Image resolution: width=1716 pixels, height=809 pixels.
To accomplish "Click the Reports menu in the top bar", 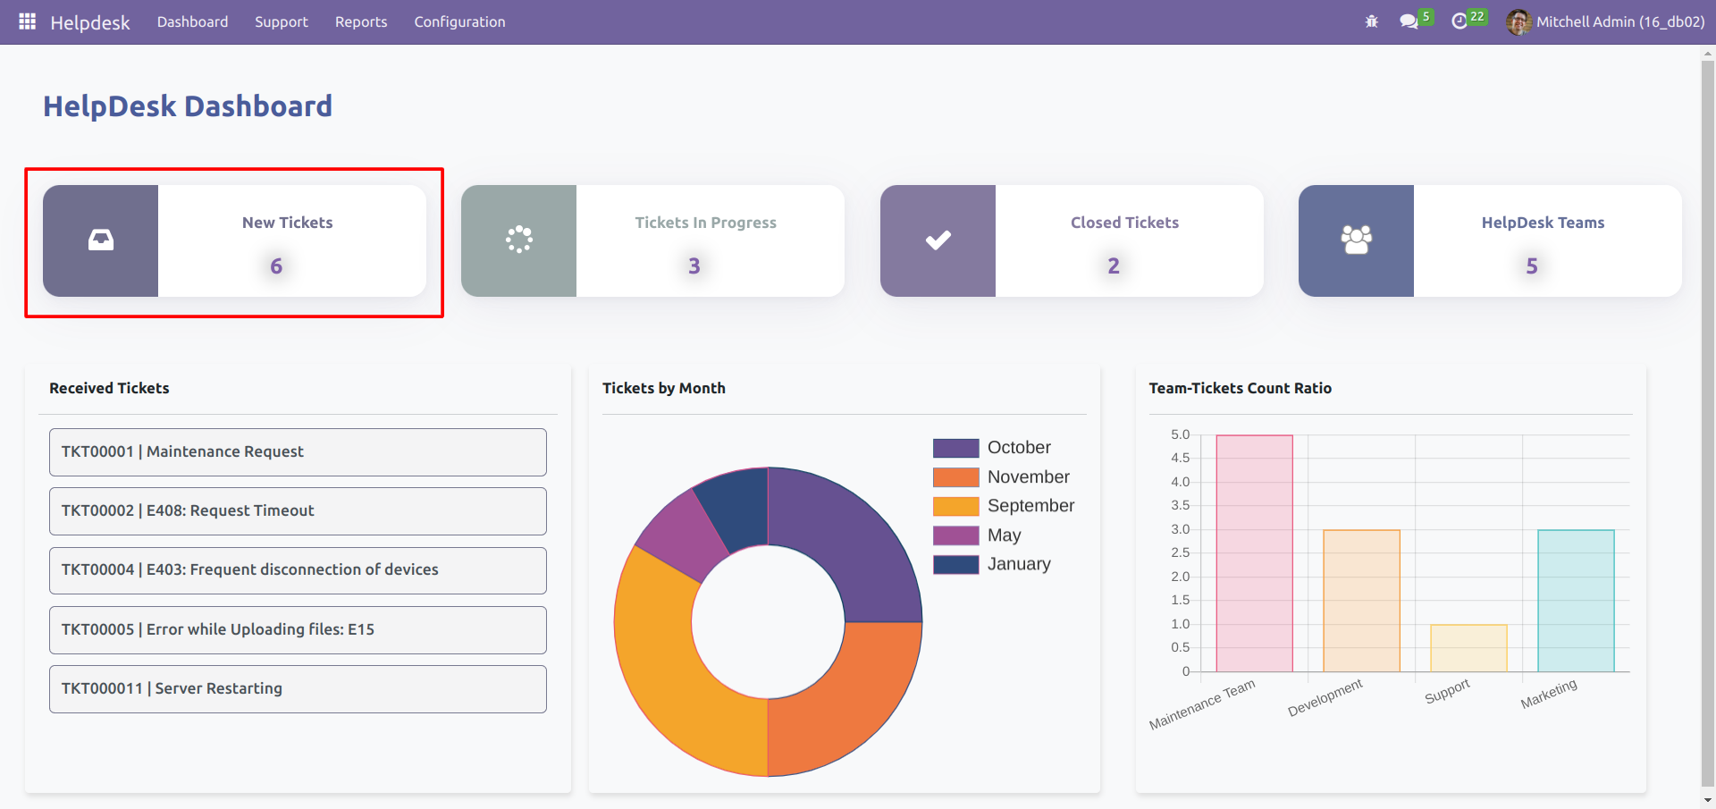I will (361, 22).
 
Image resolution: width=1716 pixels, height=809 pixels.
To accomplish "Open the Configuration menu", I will (459, 22).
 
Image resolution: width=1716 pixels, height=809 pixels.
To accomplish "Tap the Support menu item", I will (281, 22).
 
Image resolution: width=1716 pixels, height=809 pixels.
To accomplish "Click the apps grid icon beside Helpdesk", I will (28, 21).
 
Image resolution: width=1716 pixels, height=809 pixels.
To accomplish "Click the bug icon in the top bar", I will (1372, 21).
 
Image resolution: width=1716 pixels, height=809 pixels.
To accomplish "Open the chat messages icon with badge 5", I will (1409, 21).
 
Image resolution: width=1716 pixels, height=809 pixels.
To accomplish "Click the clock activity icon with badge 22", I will (1459, 21).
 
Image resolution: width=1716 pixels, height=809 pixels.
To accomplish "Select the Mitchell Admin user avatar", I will (1518, 22).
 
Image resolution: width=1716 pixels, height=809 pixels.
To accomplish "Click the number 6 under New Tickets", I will (276, 266).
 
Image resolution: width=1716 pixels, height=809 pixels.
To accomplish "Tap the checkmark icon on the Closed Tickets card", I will (938, 240).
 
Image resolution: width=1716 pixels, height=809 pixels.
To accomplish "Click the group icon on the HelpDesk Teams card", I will (1356, 240).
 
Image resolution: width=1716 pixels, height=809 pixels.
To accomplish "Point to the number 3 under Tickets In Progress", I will (694, 266).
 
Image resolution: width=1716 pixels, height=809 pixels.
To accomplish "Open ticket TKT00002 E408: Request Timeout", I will (298, 511).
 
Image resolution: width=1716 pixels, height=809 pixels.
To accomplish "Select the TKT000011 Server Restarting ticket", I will (298, 689).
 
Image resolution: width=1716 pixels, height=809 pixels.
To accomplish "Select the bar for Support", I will (1468, 648).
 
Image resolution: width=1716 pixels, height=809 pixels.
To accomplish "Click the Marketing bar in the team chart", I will (1576, 601).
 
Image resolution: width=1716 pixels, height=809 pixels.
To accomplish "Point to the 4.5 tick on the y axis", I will (1180, 459).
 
